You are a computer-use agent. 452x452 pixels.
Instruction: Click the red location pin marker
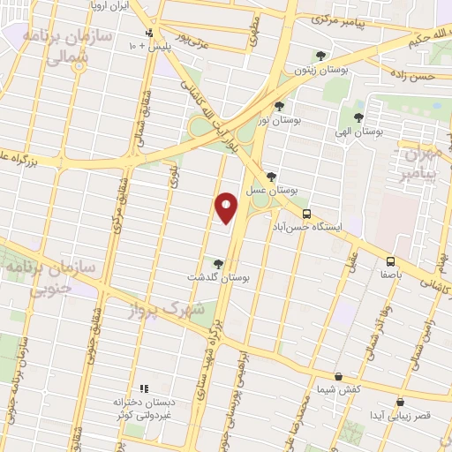226,207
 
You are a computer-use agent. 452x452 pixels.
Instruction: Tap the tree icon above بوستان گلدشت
218,263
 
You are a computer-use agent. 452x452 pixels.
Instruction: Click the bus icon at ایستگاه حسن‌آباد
306,214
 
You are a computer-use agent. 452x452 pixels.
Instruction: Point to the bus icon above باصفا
389,261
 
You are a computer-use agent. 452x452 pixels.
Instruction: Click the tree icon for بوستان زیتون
320,56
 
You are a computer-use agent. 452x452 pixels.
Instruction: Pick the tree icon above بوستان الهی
358,117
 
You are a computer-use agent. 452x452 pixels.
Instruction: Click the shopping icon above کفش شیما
339,375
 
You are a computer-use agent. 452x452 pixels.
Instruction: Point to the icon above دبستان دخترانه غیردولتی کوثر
144,388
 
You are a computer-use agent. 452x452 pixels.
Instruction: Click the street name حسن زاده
417,77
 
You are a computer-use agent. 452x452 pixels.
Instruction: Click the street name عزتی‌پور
194,39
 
